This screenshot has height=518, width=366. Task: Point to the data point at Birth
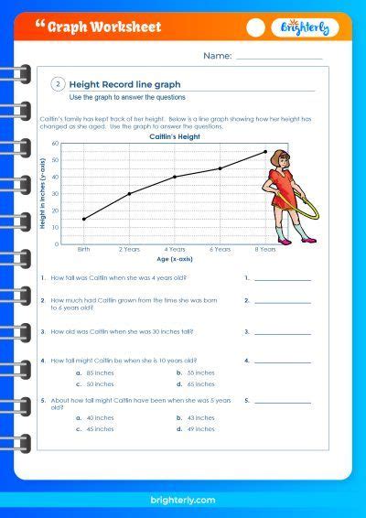click(84, 219)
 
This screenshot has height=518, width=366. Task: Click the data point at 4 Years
click(175, 177)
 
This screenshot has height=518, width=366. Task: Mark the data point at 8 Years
click(265, 152)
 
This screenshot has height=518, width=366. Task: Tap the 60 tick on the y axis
click(56, 144)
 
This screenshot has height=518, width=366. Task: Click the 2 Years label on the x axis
click(129, 250)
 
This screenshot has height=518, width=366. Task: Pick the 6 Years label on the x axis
click(220, 250)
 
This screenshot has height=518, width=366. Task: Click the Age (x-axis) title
click(174, 260)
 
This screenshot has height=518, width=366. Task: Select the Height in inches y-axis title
click(43, 194)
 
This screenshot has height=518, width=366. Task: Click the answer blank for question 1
click(283, 278)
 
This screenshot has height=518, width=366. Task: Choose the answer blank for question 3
click(283, 333)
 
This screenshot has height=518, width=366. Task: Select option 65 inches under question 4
click(201, 384)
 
